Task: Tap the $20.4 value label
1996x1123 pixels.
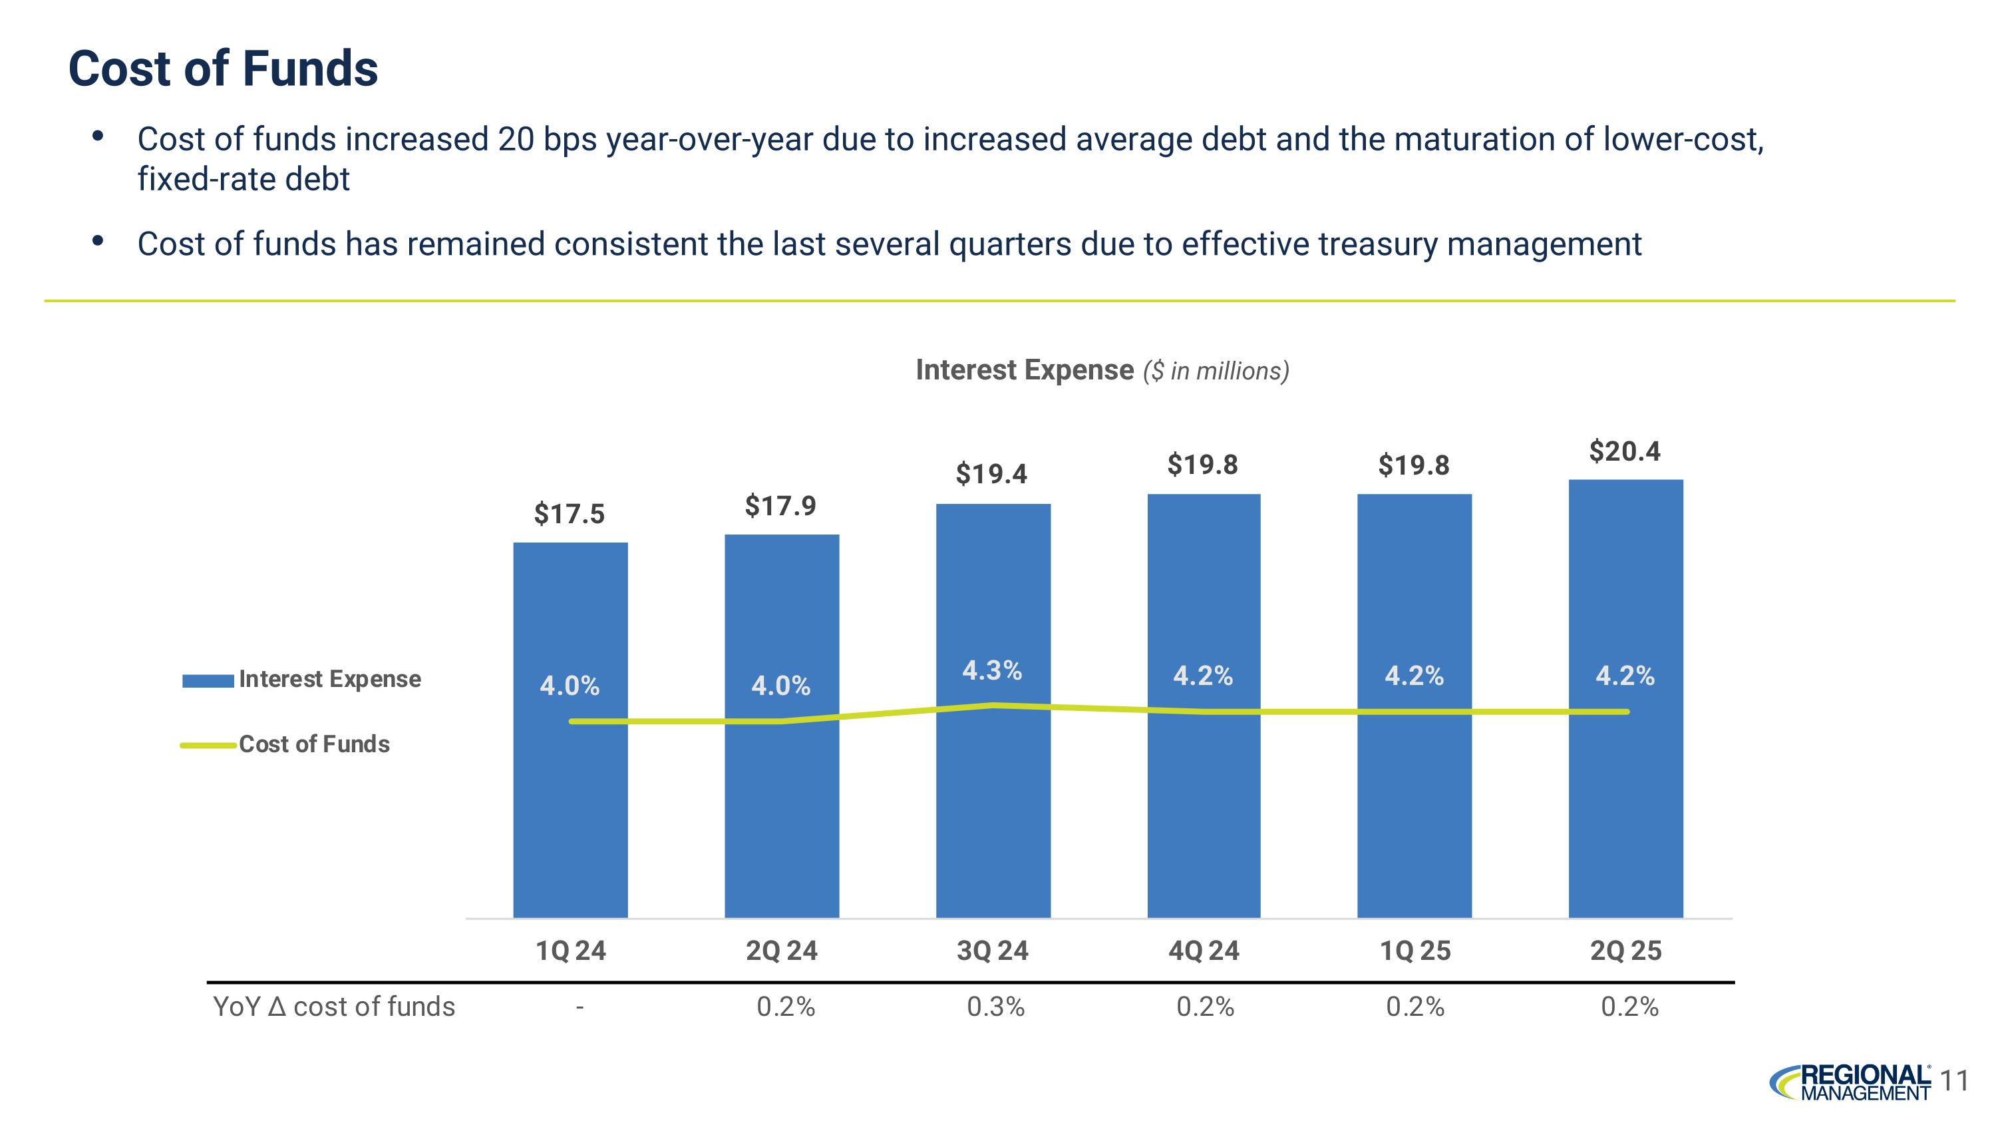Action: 1624,451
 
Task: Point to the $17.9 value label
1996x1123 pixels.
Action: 780,506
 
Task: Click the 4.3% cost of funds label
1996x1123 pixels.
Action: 992,670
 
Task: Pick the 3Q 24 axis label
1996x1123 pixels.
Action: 992,951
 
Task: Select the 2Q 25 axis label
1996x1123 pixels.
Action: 1625,951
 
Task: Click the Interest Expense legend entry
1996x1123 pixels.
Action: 302,680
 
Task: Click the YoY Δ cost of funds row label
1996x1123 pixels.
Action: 334,1007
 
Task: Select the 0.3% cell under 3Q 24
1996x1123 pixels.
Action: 996,1007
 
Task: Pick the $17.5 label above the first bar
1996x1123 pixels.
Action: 569,514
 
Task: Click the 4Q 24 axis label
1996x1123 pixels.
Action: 1204,951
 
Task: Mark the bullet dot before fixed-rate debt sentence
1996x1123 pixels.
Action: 98,137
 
